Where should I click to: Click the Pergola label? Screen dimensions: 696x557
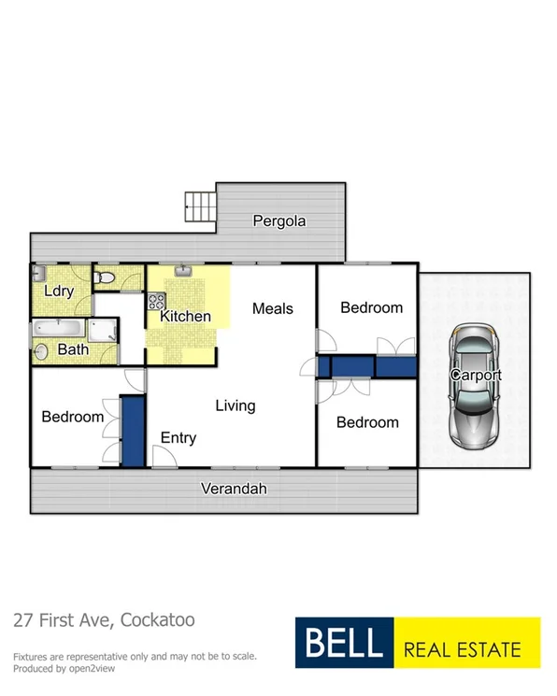279,221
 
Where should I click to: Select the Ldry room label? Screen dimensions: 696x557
59,291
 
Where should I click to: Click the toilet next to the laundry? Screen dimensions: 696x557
107,277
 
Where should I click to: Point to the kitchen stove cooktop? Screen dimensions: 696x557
155,302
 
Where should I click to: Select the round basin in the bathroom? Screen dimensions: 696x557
42,352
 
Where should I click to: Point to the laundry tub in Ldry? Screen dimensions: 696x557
37,273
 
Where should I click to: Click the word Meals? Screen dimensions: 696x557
273,308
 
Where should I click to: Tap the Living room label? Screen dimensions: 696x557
235,405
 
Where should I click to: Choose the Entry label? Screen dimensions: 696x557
178,437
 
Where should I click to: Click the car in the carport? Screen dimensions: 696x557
476,385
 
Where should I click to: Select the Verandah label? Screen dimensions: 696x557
235,489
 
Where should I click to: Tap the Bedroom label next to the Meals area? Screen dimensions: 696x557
371,307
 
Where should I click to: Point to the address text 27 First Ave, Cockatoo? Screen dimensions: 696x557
104,619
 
